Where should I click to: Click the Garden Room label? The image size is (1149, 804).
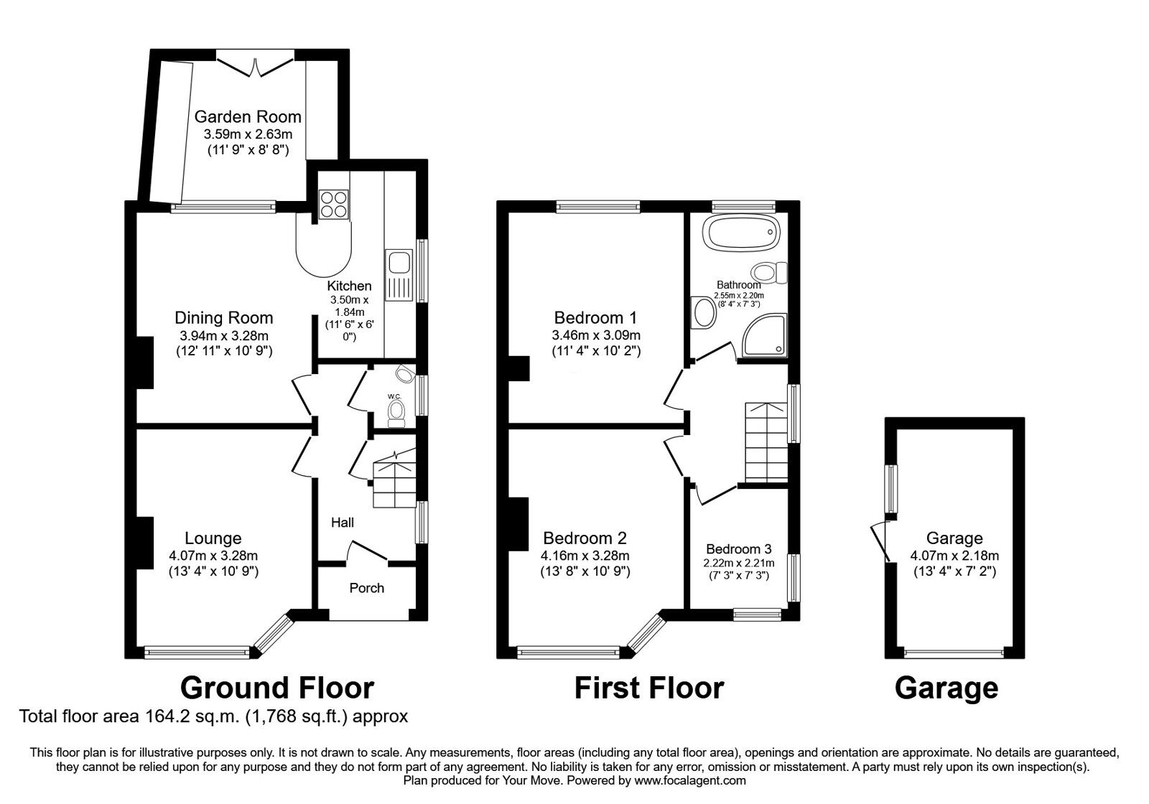tap(248, 117)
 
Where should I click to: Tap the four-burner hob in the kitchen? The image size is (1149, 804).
tap(333, 205)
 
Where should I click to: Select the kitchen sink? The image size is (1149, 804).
tap(399, 275)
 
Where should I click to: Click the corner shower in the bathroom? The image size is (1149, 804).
tap(764, 335)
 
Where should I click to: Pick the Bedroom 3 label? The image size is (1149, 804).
tap(739, 549)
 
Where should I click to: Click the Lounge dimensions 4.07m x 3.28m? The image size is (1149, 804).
tap(213, 556)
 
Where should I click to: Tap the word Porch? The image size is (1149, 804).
tap(367, 588)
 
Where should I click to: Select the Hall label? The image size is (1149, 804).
tap(342, 523)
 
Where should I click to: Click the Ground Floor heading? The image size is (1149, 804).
tap(277, 688)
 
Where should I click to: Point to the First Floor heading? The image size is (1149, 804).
tap(649, 688)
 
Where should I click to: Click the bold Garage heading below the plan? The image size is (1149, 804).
tap(946, 688)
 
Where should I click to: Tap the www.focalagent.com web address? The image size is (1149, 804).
tap(690, 781)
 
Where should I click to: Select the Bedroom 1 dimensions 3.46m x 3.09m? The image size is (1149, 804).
tap(596, 335)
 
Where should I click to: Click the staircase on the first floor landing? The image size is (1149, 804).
tap(766, 442)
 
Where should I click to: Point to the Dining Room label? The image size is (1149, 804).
tap(223, 318)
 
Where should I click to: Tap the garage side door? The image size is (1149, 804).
tap(880, 542)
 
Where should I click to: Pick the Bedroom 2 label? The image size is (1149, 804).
tap(585, 538)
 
